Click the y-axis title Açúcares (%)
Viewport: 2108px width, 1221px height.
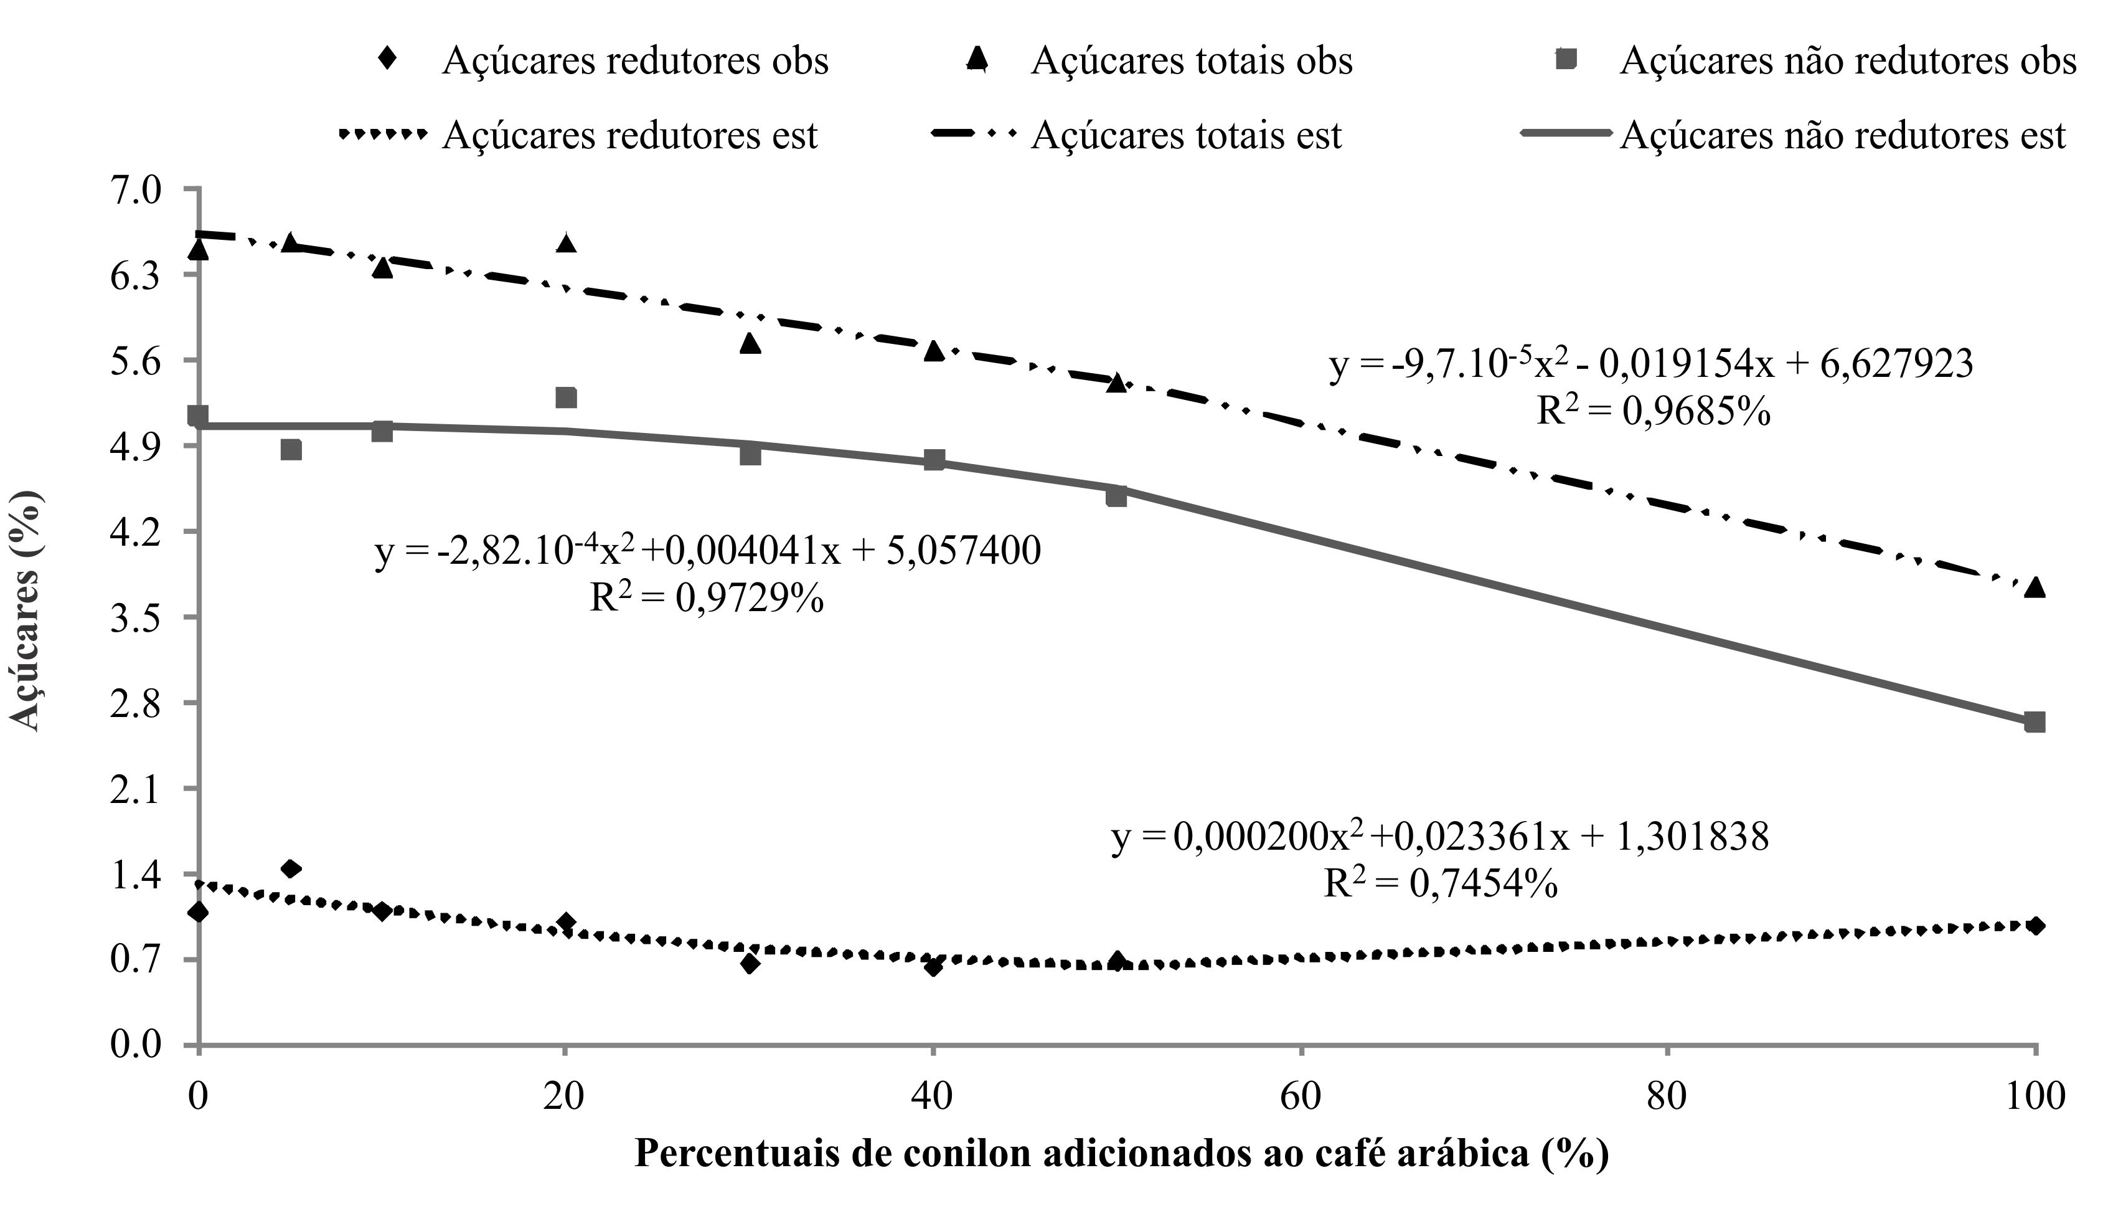click(27, 611)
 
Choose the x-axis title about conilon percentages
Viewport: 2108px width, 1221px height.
click(1121, 1154)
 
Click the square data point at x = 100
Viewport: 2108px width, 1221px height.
click(2035, 722)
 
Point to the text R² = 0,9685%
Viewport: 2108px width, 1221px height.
click(1653, 412)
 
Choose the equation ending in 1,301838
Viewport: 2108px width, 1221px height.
click(1439, 837)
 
